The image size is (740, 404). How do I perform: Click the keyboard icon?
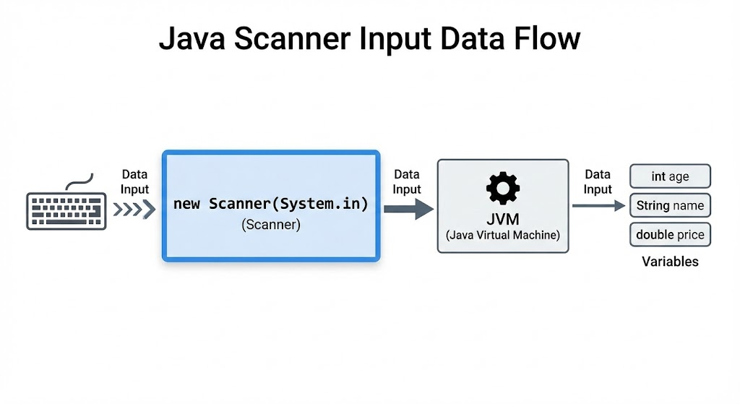(66, 211)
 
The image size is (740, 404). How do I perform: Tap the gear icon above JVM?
(503, 188)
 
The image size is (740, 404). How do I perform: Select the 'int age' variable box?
(670, 176)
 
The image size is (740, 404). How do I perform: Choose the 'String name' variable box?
(670, 205)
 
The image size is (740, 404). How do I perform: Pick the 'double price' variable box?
(670, 235)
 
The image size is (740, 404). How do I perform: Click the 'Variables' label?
(670, 262)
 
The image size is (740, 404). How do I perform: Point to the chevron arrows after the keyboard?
(134, 209)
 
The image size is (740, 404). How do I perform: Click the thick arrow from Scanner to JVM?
(409, 209)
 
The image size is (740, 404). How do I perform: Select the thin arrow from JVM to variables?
(599, 206)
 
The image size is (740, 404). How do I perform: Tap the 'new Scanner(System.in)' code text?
(271, 204)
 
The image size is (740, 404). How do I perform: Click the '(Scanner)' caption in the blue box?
(271, 225)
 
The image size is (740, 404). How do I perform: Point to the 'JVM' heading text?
(503, 219)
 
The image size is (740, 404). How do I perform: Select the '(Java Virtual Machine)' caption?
(503, 235)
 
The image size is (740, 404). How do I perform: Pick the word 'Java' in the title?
(192, 38)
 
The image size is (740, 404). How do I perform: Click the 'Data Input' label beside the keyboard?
(134, 181)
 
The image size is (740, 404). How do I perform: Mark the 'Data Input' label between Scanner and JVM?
(407, 181)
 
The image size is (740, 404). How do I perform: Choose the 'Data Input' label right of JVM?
(598, 181)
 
